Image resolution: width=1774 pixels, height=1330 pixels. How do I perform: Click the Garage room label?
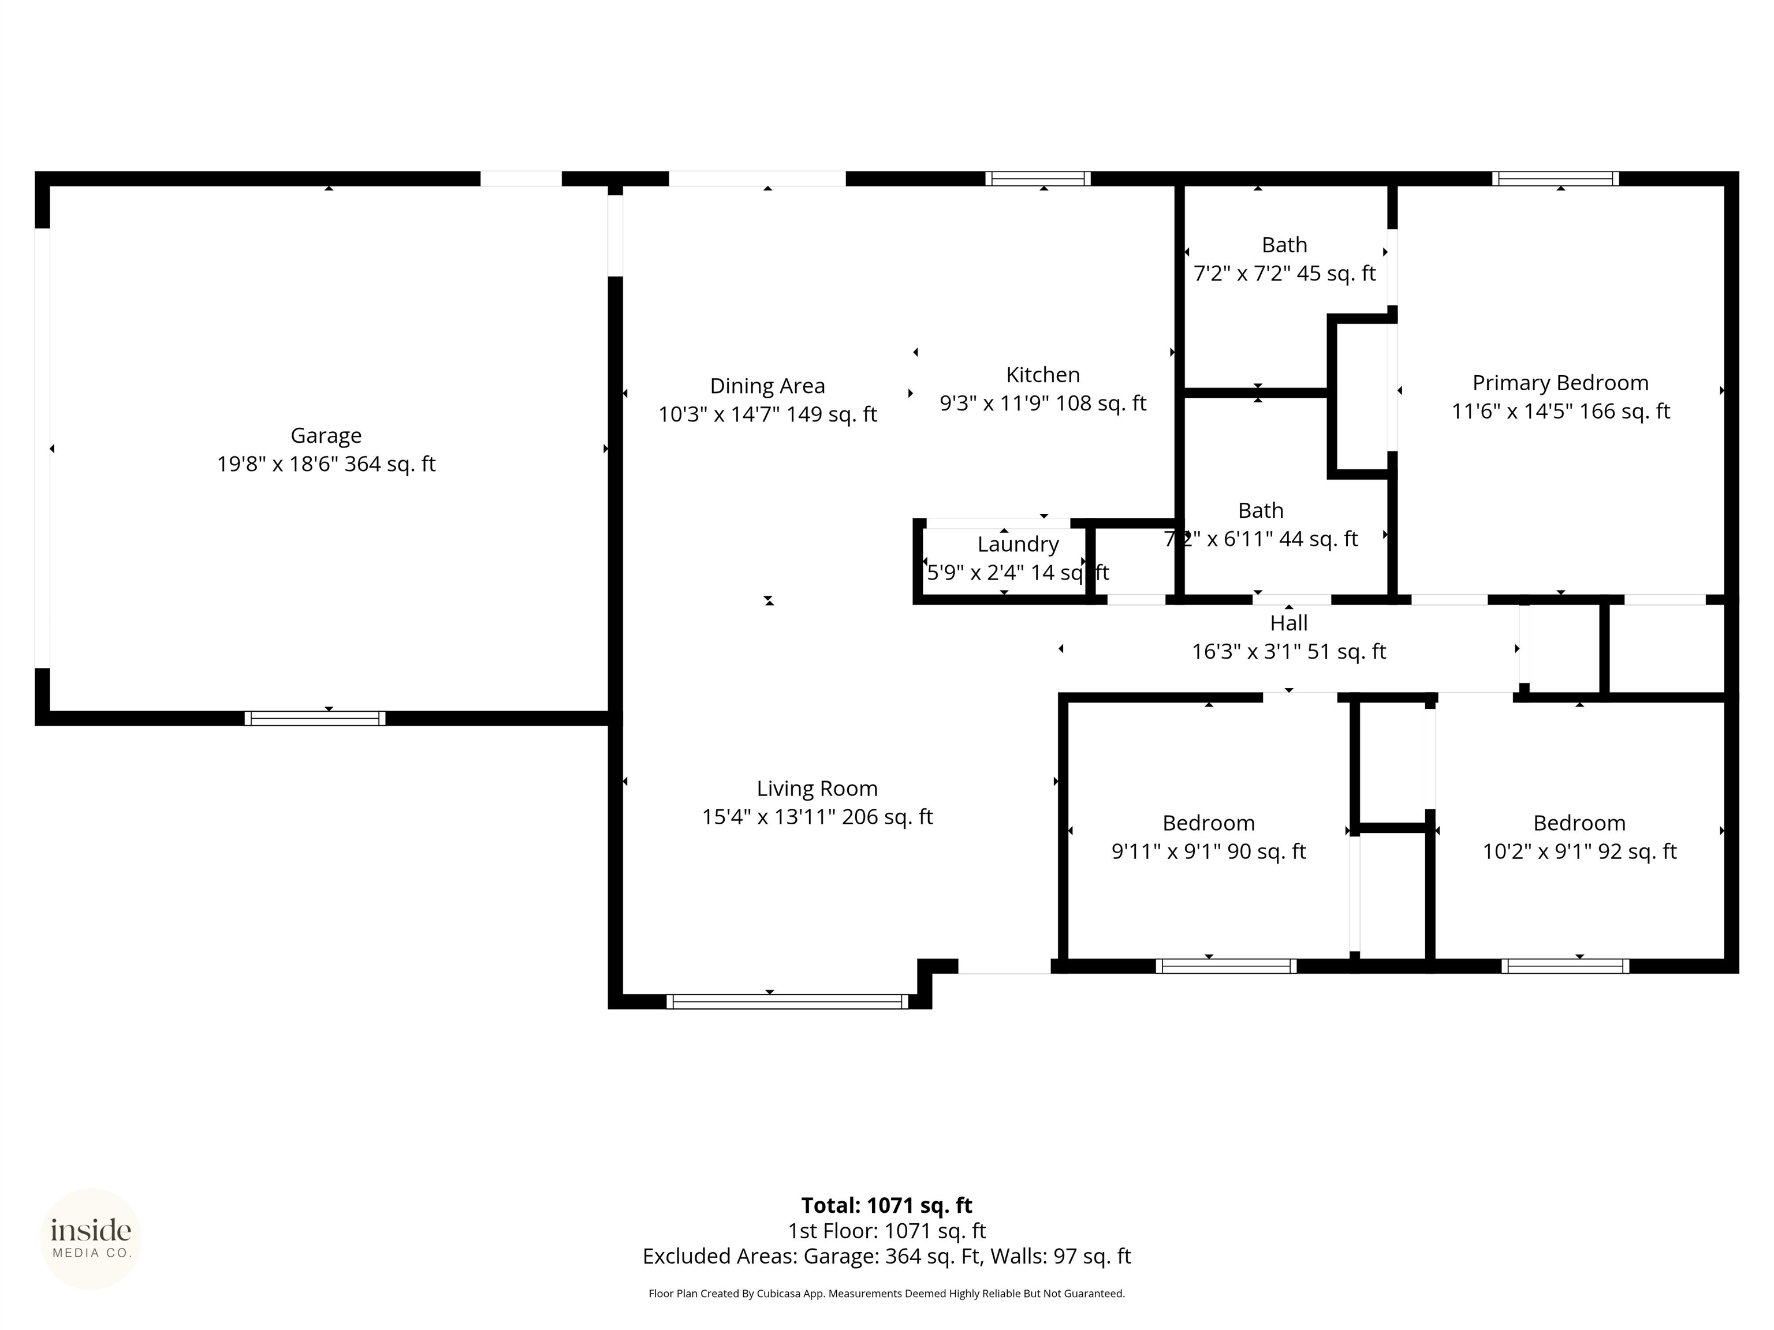(x=326, y=435)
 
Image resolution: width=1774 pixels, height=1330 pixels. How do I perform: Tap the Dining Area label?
(x=767, y=386)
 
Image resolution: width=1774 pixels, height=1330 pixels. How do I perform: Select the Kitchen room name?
(x=1042, y=375)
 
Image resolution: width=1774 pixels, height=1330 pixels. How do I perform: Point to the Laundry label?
(x=1018, y=544)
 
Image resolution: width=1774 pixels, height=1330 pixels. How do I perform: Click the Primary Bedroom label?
(x=1561, y=383)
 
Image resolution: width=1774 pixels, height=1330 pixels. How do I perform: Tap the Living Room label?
(x=817, y=789)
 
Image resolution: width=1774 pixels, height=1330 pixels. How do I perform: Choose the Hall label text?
(x=1289, y=623)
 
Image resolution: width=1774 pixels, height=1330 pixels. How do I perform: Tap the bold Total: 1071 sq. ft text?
(x=887, y=1206)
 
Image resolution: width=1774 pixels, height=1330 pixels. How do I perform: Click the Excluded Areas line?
(x=887, y=1256)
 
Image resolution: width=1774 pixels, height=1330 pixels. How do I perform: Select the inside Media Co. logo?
(x=91, y=1239)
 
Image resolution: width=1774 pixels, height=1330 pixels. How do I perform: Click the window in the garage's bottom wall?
(x=315, y=718)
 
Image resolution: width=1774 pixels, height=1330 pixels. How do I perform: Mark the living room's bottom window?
(x=788, y=1002)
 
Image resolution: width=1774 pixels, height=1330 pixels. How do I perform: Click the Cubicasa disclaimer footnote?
(x=887, y=1293)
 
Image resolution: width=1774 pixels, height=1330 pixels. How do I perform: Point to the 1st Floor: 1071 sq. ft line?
(x=887, y=1231)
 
